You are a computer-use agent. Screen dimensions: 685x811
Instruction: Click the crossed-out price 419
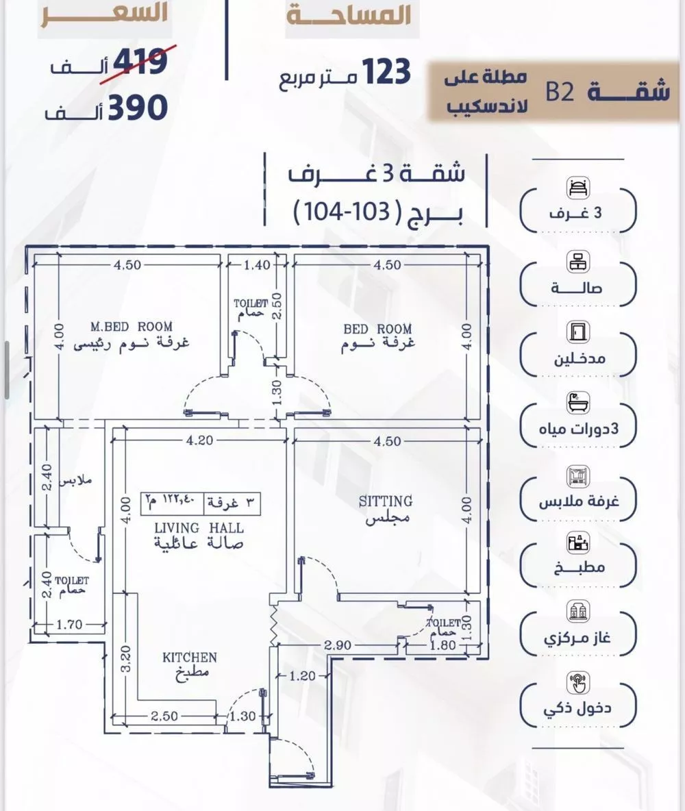coord(140,62)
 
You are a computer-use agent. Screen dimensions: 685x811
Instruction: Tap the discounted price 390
coord(138,107)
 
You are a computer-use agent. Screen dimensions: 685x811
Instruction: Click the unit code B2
coord(560,92)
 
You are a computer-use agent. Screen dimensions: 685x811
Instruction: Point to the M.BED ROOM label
coord(132,327)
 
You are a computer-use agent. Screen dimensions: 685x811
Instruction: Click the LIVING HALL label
coord(199,528)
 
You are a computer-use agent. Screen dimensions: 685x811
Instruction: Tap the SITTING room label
coord(386,501)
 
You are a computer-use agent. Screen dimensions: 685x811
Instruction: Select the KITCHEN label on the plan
coord(189,658)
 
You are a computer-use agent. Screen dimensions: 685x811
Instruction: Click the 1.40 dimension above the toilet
coord(257,265)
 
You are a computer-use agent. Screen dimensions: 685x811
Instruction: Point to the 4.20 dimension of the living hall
coord(200,440)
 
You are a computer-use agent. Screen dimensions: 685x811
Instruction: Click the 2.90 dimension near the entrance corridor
coord(337,645)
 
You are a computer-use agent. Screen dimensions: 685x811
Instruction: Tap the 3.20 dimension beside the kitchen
coord(126,658)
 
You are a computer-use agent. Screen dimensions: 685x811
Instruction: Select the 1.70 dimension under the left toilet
coord(69,624)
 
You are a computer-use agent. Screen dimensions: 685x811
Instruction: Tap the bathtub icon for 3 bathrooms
coord(578,403)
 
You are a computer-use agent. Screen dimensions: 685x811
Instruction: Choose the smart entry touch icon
coord(578,683)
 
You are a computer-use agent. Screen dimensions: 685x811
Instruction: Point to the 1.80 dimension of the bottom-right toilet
coord(443,645)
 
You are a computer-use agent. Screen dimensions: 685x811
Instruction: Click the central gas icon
coord(578,612)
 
